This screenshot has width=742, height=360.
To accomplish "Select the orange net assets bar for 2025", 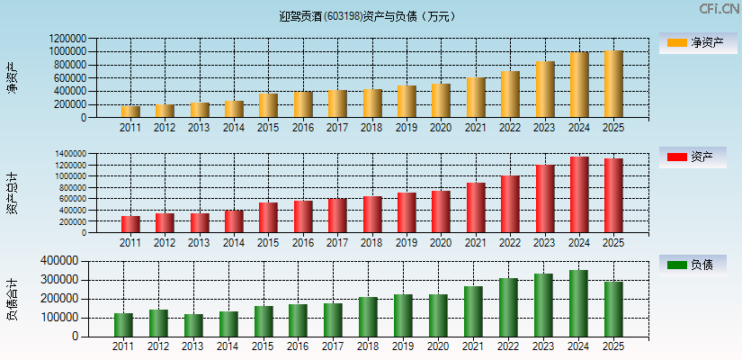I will coord(613,84).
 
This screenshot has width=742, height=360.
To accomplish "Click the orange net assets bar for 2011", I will coord(130,112).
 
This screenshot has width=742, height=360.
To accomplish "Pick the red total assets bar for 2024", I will coord(579,194).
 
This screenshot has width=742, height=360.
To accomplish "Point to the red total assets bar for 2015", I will coord(268,217).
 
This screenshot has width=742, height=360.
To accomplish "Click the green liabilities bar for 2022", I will coord(508,307).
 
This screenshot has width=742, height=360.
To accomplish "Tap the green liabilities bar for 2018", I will coord(368,317).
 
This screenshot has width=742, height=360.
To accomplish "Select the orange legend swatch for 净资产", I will coord(677,42).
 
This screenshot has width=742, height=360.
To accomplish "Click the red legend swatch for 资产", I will coord(677,157).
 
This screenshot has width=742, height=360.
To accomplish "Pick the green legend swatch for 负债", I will coord(677,265).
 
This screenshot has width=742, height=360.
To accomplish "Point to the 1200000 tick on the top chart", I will coord(69,39).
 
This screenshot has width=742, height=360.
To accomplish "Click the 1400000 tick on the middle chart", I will coord(69,154).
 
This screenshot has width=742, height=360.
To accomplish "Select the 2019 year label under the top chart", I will coord(407,128).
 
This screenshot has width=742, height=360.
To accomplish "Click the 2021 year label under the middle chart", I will coord(475,243).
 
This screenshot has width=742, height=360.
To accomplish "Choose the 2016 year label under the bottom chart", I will coord(298,346).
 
